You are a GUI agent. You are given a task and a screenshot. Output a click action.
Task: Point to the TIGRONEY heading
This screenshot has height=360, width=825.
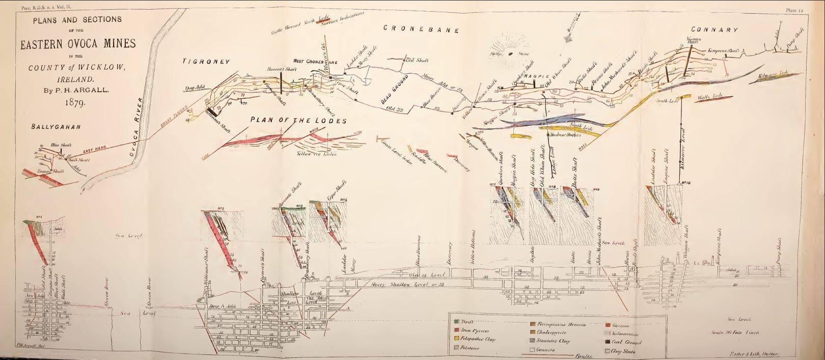(x=207, y=61)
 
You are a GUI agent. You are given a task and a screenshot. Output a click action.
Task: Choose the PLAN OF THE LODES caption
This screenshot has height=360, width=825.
(x=298, y=121)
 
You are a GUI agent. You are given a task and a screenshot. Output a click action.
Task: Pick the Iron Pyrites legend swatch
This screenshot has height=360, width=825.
(x=457, y=330)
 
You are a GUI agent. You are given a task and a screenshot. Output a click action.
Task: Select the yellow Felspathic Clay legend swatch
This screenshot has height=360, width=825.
(x=457, y=339)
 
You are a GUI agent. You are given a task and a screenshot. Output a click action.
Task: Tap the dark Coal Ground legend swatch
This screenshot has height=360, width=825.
(x=608, y=342)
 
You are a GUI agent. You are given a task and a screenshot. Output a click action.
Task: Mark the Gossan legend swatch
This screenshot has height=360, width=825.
(x=608, y=325)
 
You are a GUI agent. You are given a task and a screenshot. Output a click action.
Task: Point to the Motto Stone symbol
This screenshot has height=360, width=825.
(x=509, y=53)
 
